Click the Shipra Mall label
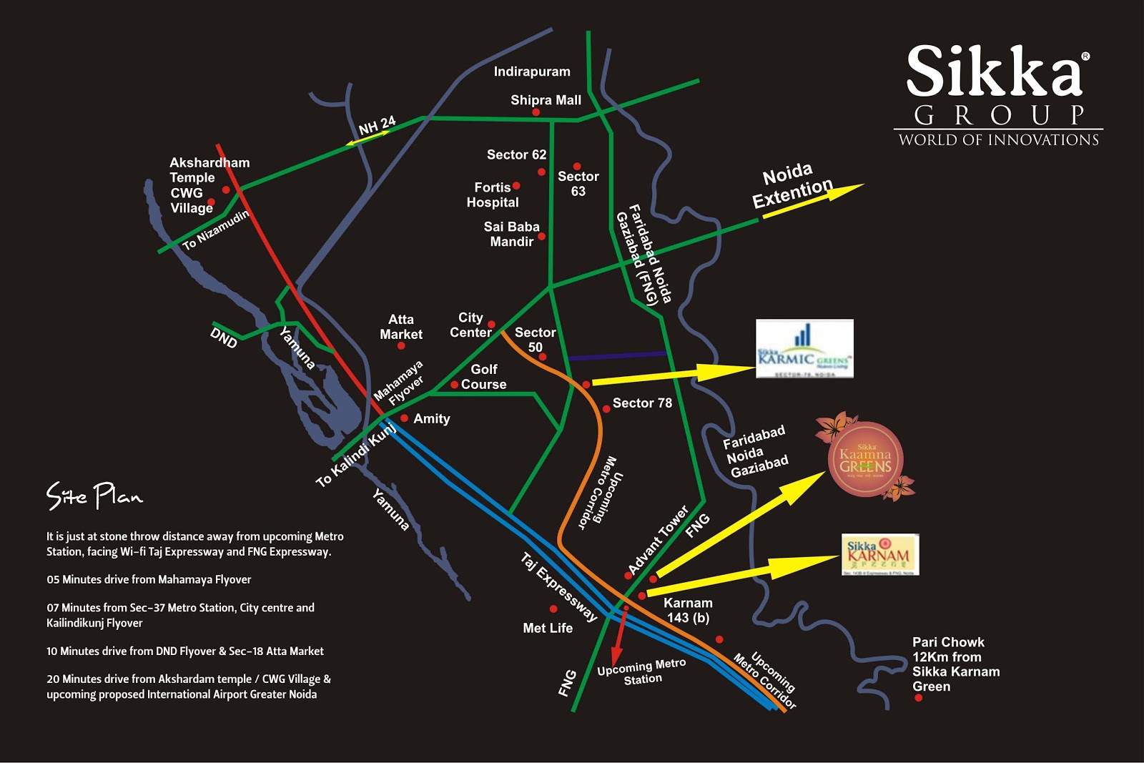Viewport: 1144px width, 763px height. click(x=546, y=100)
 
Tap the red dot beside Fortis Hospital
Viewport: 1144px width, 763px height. click(x=516, y=186)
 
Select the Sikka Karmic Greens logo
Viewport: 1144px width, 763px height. click(x=804, y=348)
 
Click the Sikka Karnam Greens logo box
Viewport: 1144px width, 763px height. click(x=879, y=554)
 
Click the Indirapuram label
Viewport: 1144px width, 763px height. click(x=532, y=72)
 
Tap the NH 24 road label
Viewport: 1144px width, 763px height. click(x=377, y=126)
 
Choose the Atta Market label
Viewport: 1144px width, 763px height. click(x=400, y=327)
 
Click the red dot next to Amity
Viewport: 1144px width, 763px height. click(x=405, y=418)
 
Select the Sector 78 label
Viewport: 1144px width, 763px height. click(x=642, y=403)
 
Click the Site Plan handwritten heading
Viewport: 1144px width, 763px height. click(x=94, y=496)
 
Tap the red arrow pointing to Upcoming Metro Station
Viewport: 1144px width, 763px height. click(x=619, y=636)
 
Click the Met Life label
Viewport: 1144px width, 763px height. click(x=548, y=628)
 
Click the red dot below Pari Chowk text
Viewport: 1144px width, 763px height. click(x=919, y=698)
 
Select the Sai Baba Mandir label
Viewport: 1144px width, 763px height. click(x=511, y=234)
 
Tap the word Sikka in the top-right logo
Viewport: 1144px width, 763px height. click(x=994, y=72)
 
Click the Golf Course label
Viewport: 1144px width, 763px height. click(x=483, y=377)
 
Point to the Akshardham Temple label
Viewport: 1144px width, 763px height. click(x=209, y=170)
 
